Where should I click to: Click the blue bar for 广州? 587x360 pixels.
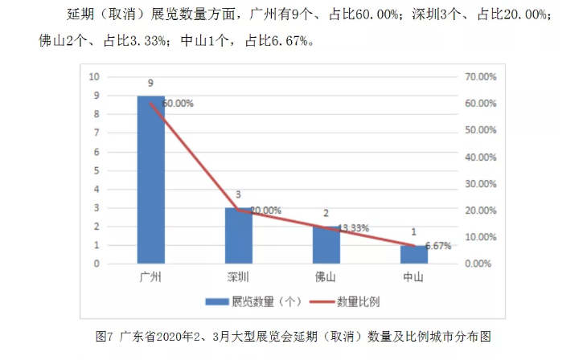tap(150, 179)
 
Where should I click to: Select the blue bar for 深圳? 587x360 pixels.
tap(238, 235)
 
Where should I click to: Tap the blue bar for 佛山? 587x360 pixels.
tap(326, 244)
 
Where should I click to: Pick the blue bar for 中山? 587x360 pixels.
tap(413, 254)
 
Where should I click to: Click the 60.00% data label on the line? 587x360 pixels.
tap(178, 104)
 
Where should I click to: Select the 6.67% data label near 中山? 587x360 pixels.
tap(438, 246)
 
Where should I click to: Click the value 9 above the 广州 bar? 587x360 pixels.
tap(150, 84)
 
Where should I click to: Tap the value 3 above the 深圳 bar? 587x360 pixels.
tap(238, 195)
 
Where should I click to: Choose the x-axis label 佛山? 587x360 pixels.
tap(326, 277)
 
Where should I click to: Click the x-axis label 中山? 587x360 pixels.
tap(413, 277)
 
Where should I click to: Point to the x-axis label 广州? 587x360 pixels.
tap(150, 277)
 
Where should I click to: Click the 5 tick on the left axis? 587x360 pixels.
tap(96, 170)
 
